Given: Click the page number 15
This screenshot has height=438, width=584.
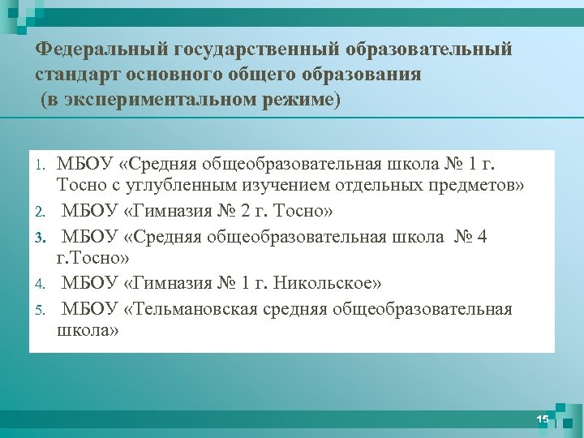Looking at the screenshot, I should [x=543, y=419].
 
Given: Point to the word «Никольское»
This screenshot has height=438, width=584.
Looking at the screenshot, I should [x=323, y=284].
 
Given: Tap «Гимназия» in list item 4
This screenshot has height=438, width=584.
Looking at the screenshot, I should [x=171, y=284].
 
